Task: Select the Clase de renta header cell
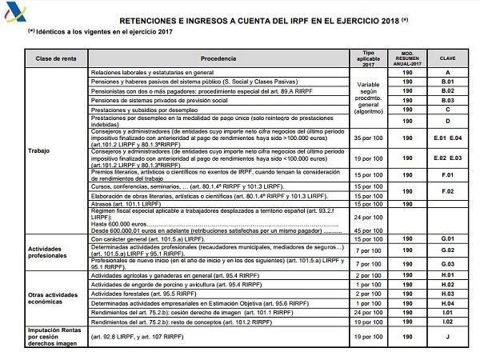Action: coord(58,59)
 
